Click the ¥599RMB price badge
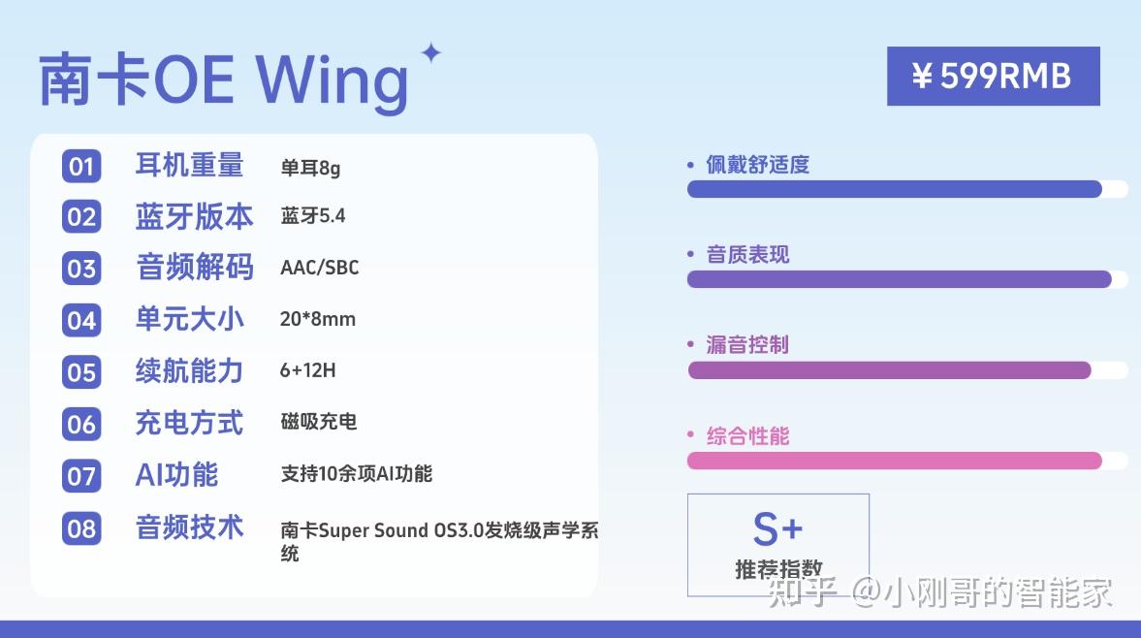994,77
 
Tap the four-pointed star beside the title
431,52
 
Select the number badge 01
81,166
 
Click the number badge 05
81,371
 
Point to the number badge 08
81,528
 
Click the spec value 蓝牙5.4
313,216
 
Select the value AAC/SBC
320,268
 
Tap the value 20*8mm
318,319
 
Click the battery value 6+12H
308,370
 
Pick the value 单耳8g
311,168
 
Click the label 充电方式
189,423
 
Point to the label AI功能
176,475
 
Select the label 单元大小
189,319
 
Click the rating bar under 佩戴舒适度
895,189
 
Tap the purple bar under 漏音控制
889,370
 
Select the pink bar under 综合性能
895,461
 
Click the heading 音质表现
747,255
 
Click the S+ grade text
777,528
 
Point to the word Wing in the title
332,81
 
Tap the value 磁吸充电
319,422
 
